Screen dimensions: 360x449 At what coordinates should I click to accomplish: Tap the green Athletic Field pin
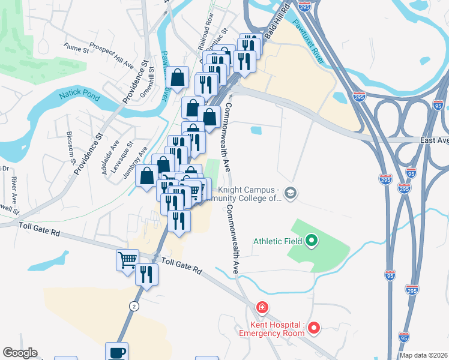311,241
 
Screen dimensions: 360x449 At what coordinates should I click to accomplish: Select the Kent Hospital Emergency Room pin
314,328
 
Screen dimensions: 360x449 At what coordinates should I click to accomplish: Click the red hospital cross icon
262,308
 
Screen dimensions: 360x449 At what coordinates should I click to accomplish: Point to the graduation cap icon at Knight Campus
291,193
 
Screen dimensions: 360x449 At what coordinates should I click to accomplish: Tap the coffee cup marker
116,352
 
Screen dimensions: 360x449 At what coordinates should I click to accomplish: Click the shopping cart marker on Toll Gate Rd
127,260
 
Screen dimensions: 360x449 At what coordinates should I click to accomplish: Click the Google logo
20,353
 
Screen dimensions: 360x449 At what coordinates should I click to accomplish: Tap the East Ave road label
434,140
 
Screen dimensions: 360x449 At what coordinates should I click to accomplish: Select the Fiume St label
76,46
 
